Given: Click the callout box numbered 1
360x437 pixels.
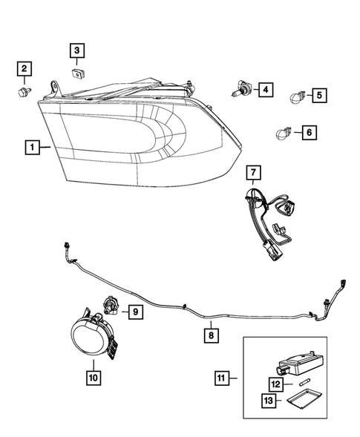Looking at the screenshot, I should click(x=32, y=148).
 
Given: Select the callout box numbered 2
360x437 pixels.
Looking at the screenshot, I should click(x=24, y=70).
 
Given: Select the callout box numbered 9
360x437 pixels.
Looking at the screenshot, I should click(x=137, y=312).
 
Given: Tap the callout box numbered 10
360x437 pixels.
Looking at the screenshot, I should click(x=93, y=378).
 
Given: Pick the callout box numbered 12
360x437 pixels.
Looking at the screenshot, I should click(x=275, y=384).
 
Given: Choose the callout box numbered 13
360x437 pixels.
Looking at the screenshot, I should click(x=269, y=401).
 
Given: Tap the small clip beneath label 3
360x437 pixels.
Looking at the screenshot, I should click(x=78, y=72).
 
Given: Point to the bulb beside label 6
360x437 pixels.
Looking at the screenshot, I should click(x=283, y=134).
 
